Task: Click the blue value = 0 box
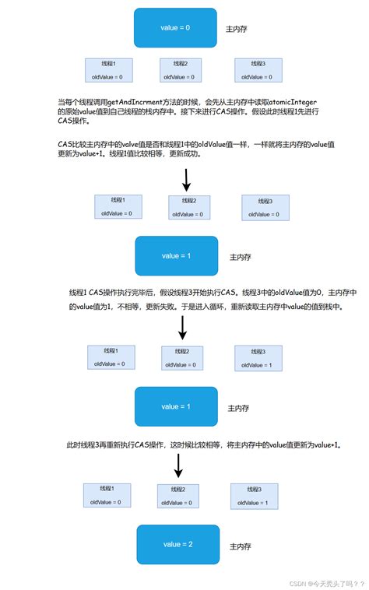pos(175,28)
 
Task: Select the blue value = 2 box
pos(177,544)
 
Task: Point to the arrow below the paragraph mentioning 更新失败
pos(182,327)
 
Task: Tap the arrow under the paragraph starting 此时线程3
pos(178,466)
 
